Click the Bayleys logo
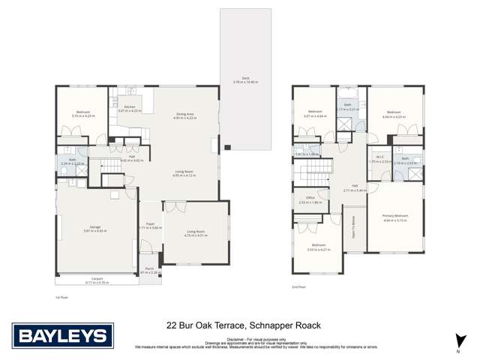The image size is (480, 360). (63, 334)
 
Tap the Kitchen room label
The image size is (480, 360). (130, 108)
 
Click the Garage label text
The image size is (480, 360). (95, 229)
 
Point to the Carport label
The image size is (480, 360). (98, 281)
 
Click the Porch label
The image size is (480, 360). (149, 271)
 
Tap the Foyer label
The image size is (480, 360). (149, 225)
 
